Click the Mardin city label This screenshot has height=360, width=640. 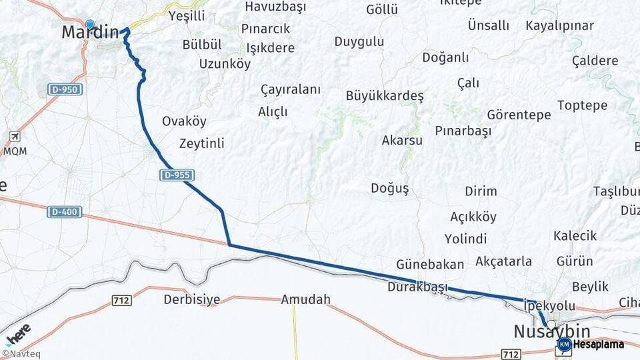point(90,32)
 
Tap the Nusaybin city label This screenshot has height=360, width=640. point(551,331)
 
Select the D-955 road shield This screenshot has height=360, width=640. point(177,175)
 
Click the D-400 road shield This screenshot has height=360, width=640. point(65,212)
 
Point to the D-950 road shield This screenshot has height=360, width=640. point(65,89)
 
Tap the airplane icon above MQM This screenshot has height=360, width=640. point(14,137)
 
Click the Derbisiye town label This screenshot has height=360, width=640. point(191,299)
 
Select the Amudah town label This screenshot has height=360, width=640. point(305,299)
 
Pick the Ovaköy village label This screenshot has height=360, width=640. point(184,121)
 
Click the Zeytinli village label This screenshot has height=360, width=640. point(201,143)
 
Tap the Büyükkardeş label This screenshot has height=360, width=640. point(385,95)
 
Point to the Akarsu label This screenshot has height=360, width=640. point(402,141)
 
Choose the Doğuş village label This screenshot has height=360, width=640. point(389,189)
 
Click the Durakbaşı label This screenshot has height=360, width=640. point(417,287)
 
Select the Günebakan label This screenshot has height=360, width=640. point(429,264)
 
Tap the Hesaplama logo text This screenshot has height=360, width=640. point(597,345)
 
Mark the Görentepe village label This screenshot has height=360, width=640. point(519,115)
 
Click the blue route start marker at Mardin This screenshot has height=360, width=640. point(90,25)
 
